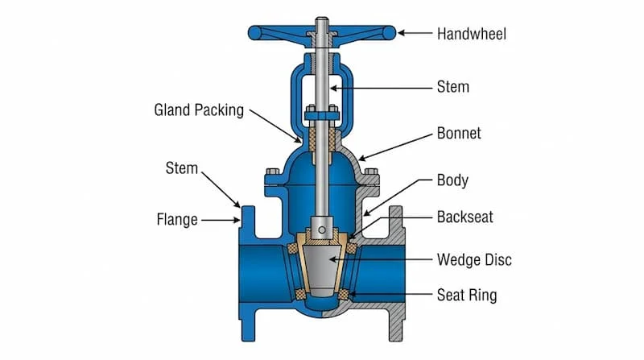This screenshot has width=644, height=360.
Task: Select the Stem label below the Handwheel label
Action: tap(453, 85)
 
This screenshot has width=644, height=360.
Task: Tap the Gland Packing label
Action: tap(199, 110)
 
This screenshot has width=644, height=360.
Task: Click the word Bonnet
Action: tap(459, 133)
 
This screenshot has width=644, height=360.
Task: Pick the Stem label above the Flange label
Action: tap(181, 168)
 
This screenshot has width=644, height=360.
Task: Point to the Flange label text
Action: tap(177, 218)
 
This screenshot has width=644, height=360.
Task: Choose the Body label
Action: tap(452, 180)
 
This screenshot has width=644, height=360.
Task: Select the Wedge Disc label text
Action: tap(474, 259)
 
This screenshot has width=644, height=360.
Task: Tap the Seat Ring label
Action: tap(466, 295)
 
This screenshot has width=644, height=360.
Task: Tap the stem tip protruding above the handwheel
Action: tap(320, 21)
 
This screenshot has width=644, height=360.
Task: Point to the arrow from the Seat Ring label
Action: tap(387, 295)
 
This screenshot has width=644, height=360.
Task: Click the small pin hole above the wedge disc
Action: tap(320, 230)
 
